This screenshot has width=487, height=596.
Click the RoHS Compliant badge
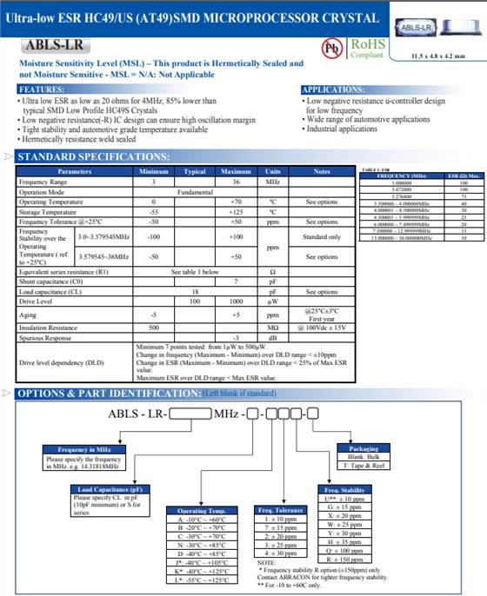click(x=365, y=46)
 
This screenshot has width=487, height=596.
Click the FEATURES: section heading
click(x=41, y=89)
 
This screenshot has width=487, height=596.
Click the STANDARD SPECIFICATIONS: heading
click(x=87, y=156)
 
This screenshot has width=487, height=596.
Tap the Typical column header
click(x=194, y=171)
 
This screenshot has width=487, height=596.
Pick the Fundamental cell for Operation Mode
click(x=194, y=191)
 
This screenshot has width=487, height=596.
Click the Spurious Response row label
click(x=45, y=337)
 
